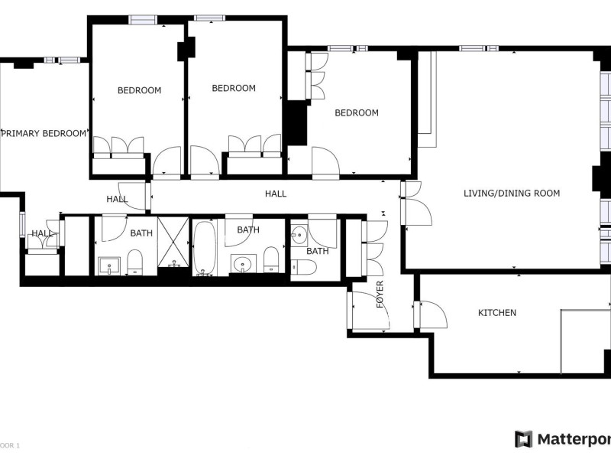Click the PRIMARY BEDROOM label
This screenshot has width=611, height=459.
[x=44, y=133]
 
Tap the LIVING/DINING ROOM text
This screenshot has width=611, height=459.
[x=512, y=194]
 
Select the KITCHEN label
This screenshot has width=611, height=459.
[x=497, y=313]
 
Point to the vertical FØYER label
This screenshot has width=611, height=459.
[x=380, y=295]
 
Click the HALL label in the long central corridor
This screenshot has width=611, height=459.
[x=276, y=194]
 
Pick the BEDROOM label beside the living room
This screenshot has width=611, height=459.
[x=357, y=112]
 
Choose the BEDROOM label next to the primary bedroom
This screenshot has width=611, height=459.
[x=139, y=90]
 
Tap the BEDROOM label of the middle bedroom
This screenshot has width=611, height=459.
[x=234, y=88]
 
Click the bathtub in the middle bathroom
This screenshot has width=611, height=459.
[x=205, y=248]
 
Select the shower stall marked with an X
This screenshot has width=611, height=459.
[x=173, y=242]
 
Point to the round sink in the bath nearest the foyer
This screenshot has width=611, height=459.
[x=299, y=236]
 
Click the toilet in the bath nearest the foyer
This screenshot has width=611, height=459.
[x=303, y=267]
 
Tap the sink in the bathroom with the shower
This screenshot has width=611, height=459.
[x=109, y=265]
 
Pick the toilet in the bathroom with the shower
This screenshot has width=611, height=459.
[x=135, y=262]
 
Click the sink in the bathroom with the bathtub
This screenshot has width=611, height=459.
[x=244, y=264]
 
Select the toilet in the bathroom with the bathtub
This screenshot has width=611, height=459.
[x=271, y=259]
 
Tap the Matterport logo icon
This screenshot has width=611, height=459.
[x=523, y=439]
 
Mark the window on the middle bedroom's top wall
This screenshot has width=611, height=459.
[x=209, y=18]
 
